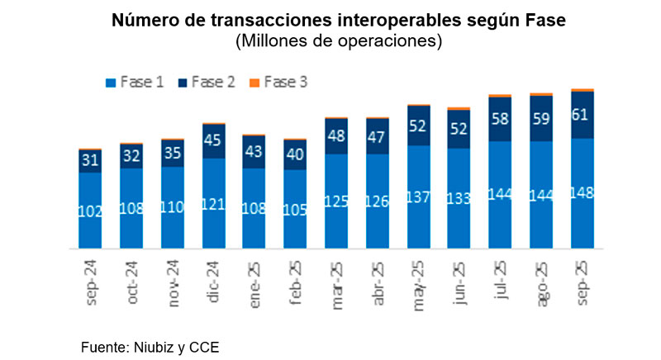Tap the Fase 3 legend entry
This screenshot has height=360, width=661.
(x=279, y=82)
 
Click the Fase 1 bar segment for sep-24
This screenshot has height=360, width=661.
(x=90, y=211)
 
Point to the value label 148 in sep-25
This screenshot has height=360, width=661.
(x=583, y=192)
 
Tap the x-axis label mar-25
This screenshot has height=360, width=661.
(x=337, y=282)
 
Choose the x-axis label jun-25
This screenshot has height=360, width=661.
(x=460, y=282)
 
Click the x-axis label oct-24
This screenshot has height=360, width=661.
(x=132, y=282)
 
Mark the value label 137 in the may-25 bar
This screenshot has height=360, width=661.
(x=419, y=197)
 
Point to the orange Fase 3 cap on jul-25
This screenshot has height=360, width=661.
(x=501, y=95)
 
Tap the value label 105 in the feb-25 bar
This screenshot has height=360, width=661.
(x=295, y=209)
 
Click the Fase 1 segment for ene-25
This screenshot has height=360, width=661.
(x=254, y=208)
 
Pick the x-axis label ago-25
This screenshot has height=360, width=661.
(x=541, y=282)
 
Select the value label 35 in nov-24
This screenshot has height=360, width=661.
(x=172, y=153)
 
